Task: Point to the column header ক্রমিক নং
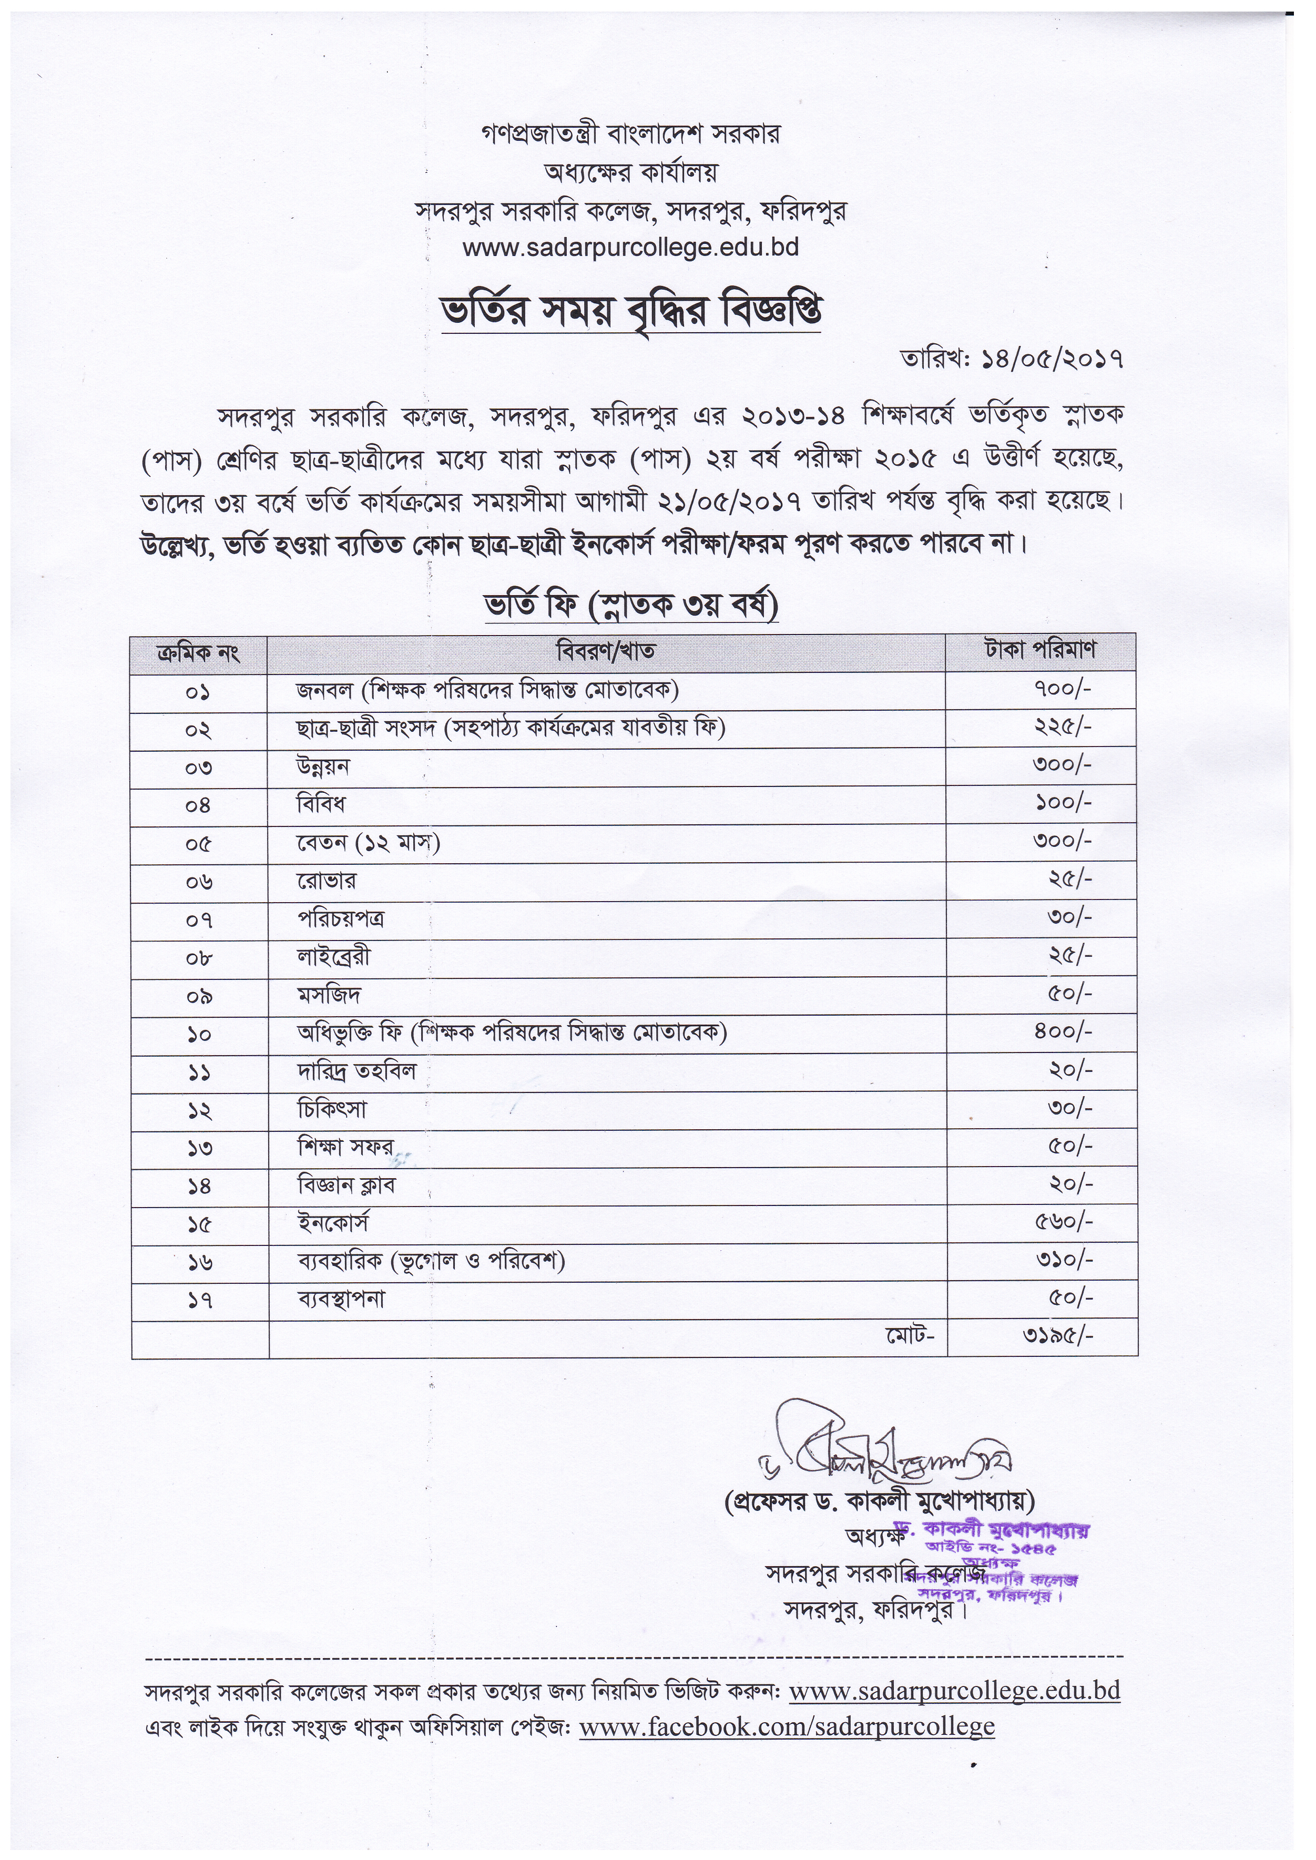(x=199, y=652)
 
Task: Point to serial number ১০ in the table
(x=199, y=1035)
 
